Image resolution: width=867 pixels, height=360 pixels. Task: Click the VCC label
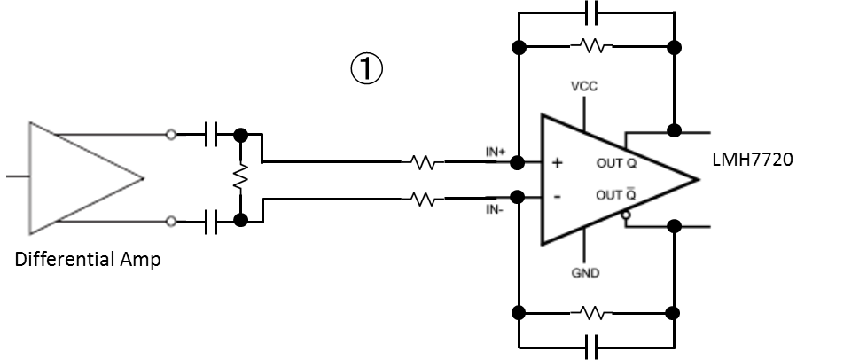coord(584,87)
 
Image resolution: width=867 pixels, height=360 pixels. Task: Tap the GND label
coord(585,273)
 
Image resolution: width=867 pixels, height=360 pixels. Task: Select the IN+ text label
coord(495,153)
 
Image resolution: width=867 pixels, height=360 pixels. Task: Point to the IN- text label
coord(494,210)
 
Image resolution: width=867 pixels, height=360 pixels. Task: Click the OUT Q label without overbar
coord(616,164)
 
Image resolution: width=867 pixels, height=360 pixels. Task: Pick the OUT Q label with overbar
coord(616,195)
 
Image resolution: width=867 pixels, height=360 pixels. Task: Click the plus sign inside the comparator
coord(558,163)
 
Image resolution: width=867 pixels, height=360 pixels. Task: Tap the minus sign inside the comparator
coord(557,196)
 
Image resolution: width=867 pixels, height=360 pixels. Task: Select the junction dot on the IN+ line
coord(518,163)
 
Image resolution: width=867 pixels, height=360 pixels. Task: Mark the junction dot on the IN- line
coord(518,197)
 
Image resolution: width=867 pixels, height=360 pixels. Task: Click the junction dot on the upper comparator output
coord(674,131)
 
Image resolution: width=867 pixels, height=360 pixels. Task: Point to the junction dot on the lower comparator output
coord(674,226)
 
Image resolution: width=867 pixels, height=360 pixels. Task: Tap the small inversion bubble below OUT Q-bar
coord(626,215)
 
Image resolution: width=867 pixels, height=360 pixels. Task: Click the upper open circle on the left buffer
coord(171,135)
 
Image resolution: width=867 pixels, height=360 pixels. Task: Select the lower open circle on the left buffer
coord(171,222)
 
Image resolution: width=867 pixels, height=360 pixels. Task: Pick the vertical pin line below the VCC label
coord(584,112)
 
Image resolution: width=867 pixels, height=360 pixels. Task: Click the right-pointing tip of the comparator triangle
coord(699,179)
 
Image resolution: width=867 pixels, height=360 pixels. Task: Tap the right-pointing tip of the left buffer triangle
coord(143,178)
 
